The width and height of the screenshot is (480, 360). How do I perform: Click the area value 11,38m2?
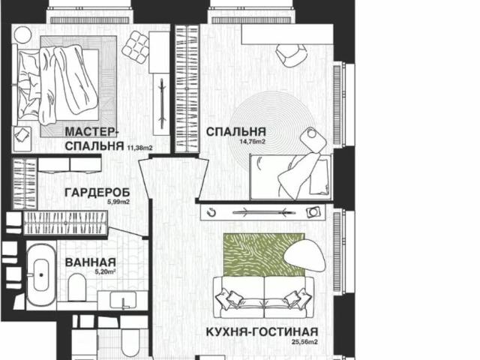coord(140,148)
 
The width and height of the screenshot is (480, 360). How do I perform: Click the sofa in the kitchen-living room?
coord(262,294)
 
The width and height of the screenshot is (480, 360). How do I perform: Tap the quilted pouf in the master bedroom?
coord(136,49)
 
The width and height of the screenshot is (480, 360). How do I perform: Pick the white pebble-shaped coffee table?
coord(304,251)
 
